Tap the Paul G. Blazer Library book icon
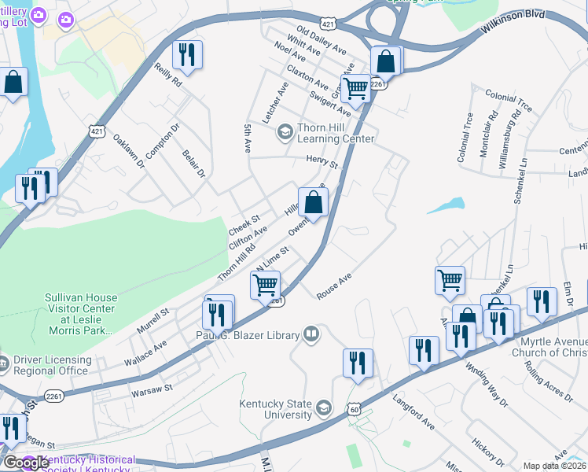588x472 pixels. point(312,334)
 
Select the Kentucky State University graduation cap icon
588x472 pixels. point(323,407)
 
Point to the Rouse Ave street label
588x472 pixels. point(333,286)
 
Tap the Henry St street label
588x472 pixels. point(322,163)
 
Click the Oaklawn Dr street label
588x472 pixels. point(129,150)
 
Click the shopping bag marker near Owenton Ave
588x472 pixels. point(313,201)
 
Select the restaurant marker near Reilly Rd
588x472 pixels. point(187,54)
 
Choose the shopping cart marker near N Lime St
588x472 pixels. point(266,284)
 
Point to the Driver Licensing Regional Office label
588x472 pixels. point(51,365)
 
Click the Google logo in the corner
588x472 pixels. point(26,463)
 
